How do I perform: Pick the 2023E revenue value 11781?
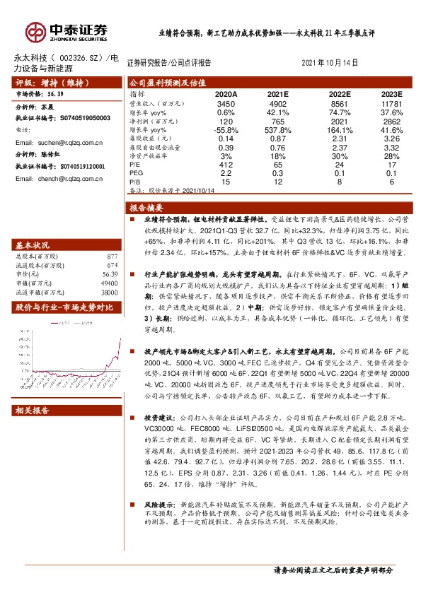(391, 103)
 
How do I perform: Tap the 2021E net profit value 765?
(278, 122)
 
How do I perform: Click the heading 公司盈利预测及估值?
(166, 83)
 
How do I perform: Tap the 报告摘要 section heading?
(146, 208)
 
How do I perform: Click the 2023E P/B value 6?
(391, 182)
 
